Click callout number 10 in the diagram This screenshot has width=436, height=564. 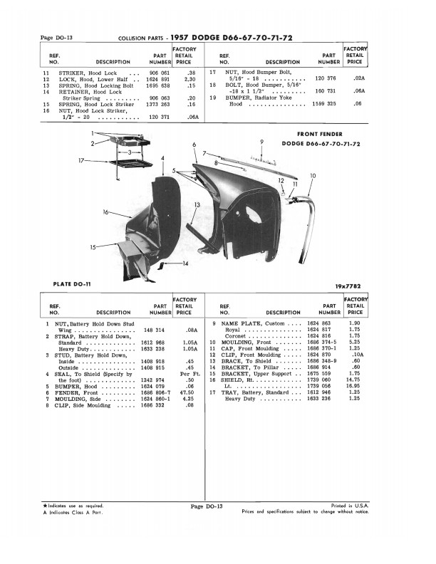[x=313, y=175]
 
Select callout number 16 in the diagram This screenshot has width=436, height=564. [x=105, y=212]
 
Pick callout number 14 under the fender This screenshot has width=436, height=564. [x=185, y=264]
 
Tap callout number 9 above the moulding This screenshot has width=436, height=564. [x=263, y=142]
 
